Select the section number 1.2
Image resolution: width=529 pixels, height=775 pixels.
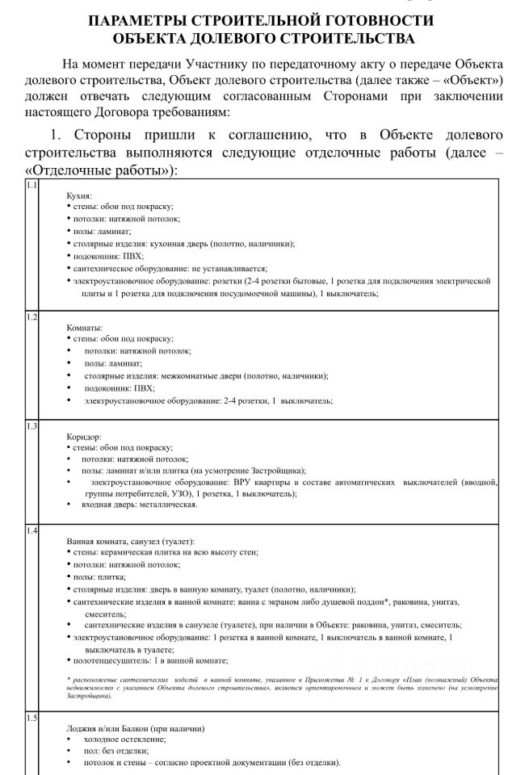point(31,316)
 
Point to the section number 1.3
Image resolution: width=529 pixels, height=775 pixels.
point(31,425)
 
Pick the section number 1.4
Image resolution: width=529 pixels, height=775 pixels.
point(31,530)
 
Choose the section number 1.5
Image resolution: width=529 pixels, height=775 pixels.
point(31,718)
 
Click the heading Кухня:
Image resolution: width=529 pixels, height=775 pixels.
point(79,195)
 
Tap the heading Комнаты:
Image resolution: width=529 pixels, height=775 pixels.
point(84,328)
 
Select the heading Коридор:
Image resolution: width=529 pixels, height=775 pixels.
point(84,436)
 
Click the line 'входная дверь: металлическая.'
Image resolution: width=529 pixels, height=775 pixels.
point(139,505)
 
